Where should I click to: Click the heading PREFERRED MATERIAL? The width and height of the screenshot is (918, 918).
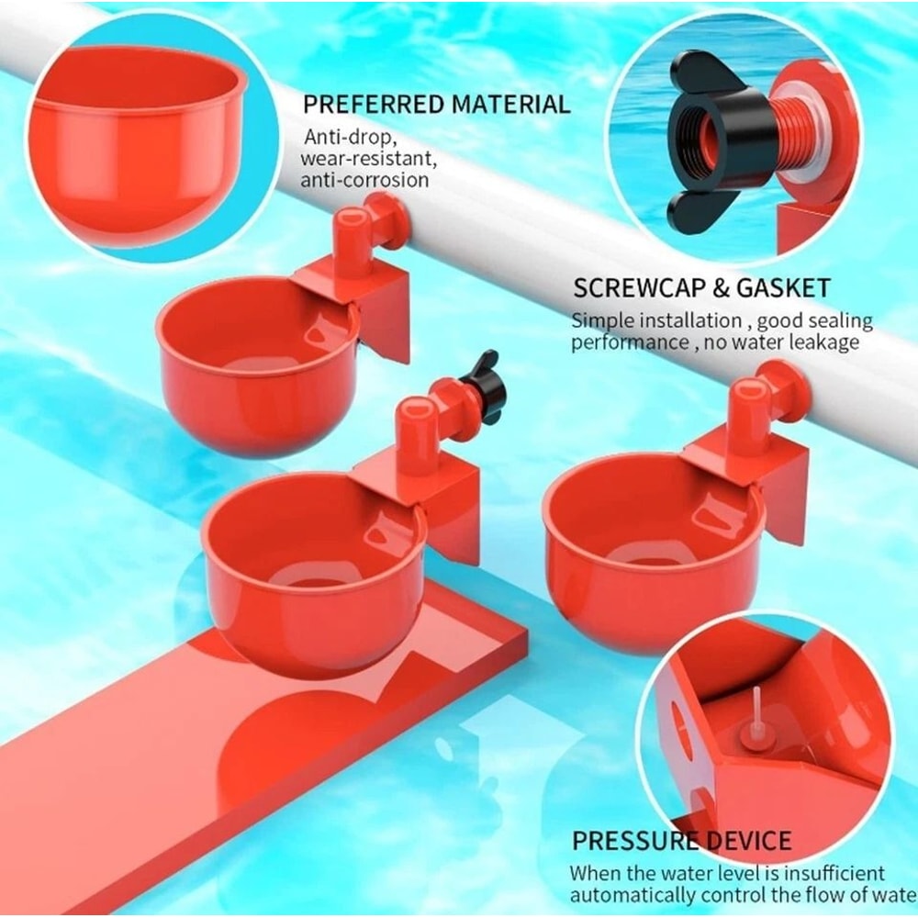point(436,104)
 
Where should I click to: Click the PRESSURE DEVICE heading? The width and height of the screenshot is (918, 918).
point(681,841)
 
